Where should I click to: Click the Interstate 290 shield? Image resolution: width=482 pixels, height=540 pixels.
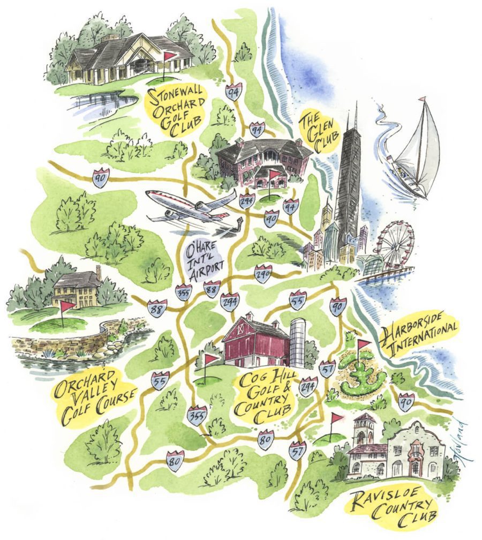pyautogui.click(x=262, y=274)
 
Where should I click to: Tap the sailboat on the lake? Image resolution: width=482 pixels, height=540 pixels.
pyautogui.click(x=415, y=150)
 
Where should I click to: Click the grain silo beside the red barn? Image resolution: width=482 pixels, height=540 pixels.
pyautogui.click(x=297, y=342)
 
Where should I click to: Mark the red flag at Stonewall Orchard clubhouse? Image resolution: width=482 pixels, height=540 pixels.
pyautogui.click(x=170, y=56)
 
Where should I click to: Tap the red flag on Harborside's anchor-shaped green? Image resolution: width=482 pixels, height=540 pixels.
pyautogui.click(x=364, y=344)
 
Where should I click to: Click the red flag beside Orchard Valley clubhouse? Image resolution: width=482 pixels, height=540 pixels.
pyautogui.click(x=67, y=306)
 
